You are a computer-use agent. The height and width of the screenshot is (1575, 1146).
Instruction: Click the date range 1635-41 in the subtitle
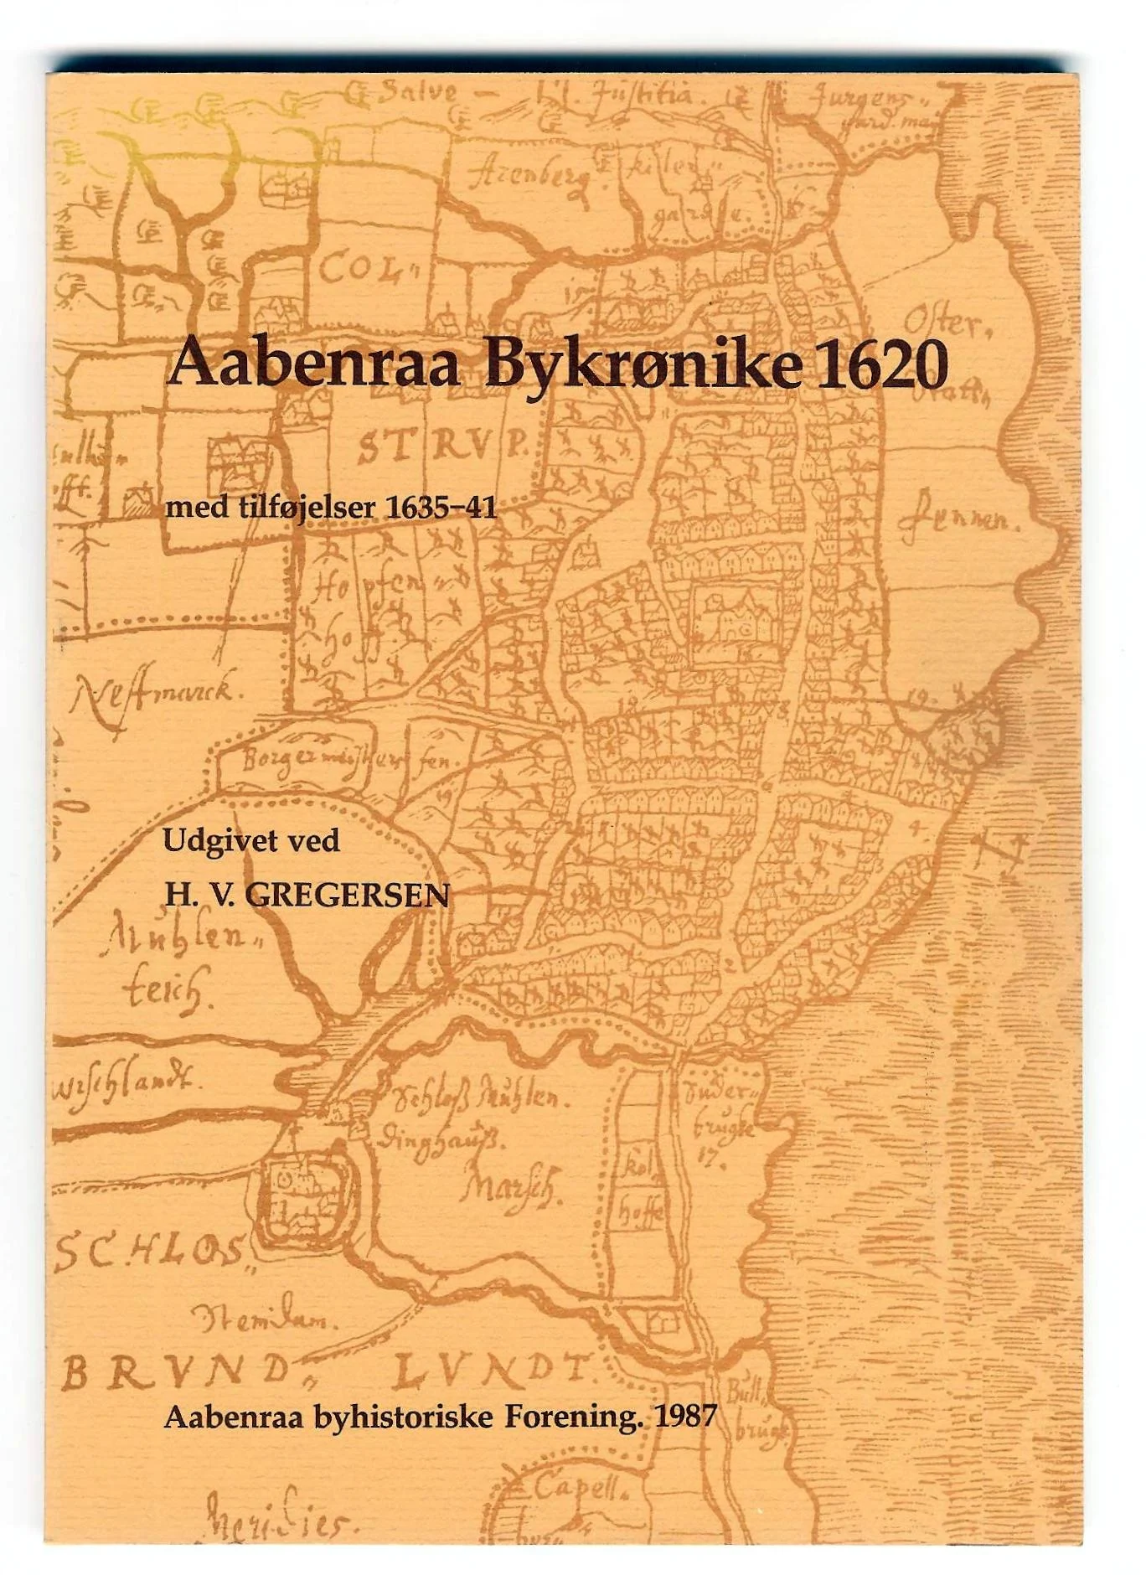(441, 508)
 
